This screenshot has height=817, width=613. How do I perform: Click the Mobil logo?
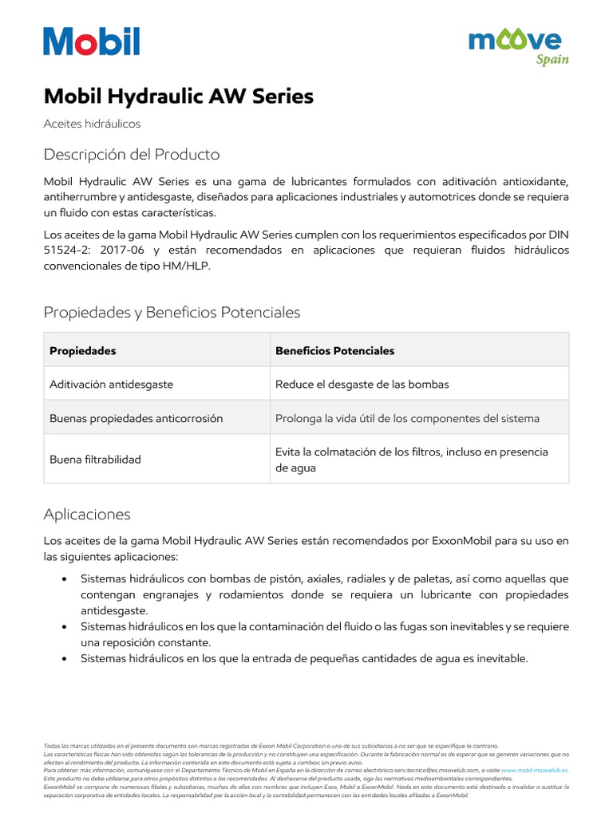[x=92, y=41]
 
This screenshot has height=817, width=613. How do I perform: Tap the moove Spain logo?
[x=518, y=46]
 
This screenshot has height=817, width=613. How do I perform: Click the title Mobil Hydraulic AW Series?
[x=178, y=97]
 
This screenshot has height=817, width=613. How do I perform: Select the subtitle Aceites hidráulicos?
[x=92, y=124]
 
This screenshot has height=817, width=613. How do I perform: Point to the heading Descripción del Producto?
[x=132, y=154]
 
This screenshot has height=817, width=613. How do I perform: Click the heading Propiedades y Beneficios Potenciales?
[x=172, y=312]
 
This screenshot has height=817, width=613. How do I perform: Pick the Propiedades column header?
[x=83, y=351]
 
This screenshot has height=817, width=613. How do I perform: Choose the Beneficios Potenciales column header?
[x=334, y=351]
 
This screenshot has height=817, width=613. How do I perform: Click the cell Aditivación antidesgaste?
[x=111, y=385]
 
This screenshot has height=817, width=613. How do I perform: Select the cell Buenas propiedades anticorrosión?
[x=136, y=418]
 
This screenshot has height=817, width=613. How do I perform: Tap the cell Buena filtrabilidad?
[x=95, y=460]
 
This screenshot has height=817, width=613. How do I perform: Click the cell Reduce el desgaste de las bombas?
[x=362, y=385]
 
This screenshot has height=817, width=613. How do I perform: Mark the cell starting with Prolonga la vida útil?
[x=407, y=418]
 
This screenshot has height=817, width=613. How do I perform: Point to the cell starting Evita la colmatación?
[x=411, y=460]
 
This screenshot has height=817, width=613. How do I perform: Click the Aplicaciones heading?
[x=87, y=514]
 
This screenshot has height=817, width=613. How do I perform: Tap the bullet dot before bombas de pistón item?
[x=64, y=578]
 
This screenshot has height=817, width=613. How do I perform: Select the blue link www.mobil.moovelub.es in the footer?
[x=535, y=771]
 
